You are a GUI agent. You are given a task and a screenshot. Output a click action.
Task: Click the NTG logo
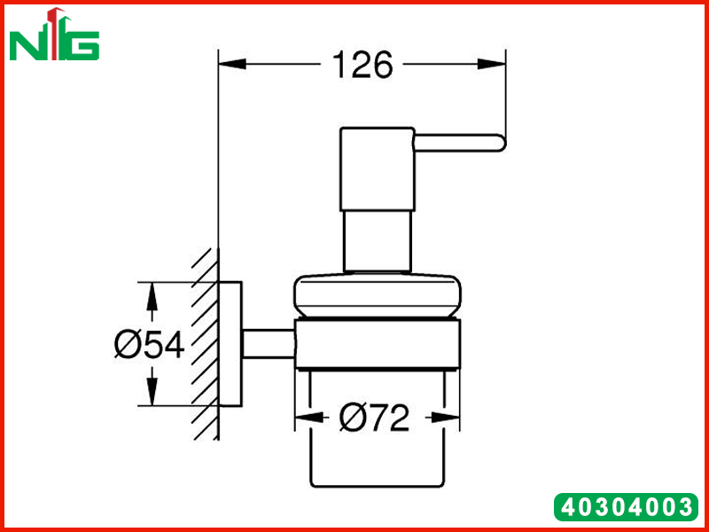(54, 35)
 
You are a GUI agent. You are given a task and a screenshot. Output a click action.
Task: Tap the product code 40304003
(627, 507)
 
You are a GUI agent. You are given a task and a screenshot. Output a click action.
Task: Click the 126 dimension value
(362, 65)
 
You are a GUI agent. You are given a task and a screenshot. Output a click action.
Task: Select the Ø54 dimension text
(149, 345)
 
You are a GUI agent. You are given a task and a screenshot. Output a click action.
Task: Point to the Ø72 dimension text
(374, 418)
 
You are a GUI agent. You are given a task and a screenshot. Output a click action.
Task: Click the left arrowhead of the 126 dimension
(232, 64)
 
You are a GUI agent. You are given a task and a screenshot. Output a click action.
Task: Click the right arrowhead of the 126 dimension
(492, 64)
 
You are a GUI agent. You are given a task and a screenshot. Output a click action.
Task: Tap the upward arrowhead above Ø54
(152, 296)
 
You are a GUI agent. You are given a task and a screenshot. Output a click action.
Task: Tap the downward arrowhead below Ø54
(152, 391)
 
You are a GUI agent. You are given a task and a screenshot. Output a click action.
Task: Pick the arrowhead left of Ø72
(309, 418)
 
